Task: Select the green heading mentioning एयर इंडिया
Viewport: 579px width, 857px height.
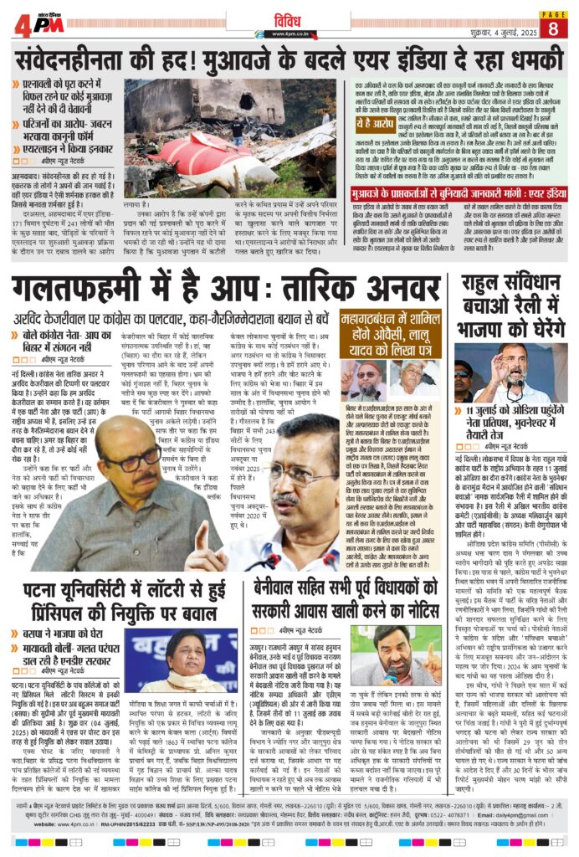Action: (458, 192)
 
